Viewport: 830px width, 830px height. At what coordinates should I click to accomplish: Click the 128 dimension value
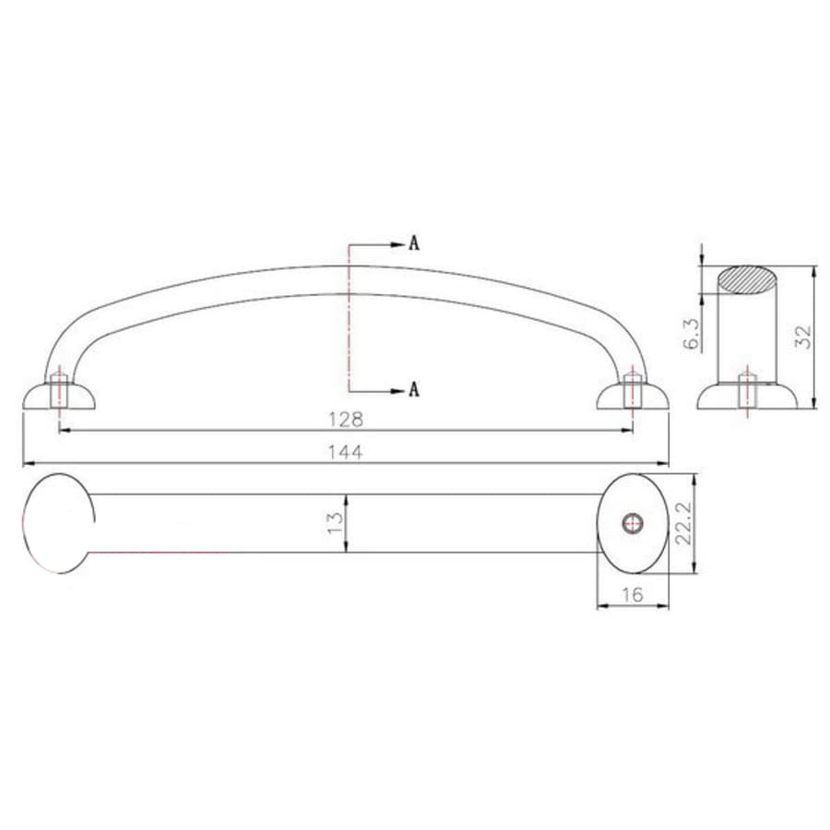tap(346, 420)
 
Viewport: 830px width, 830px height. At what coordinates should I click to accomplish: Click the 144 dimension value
tap(346, 452)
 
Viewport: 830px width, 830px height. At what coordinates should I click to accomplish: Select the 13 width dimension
tap(336, 523)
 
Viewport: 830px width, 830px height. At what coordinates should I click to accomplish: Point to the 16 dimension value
tap(633, 596)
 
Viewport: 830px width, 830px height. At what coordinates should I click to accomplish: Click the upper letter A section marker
tap(414, 244)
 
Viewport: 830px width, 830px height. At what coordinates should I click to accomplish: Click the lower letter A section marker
tap(414, 389)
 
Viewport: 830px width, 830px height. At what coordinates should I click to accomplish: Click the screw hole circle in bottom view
tap(632, 524)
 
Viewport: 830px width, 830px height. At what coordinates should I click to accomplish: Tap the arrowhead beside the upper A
tap(397, 245)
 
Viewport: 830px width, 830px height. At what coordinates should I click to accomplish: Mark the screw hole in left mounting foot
tap(59, 388)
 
